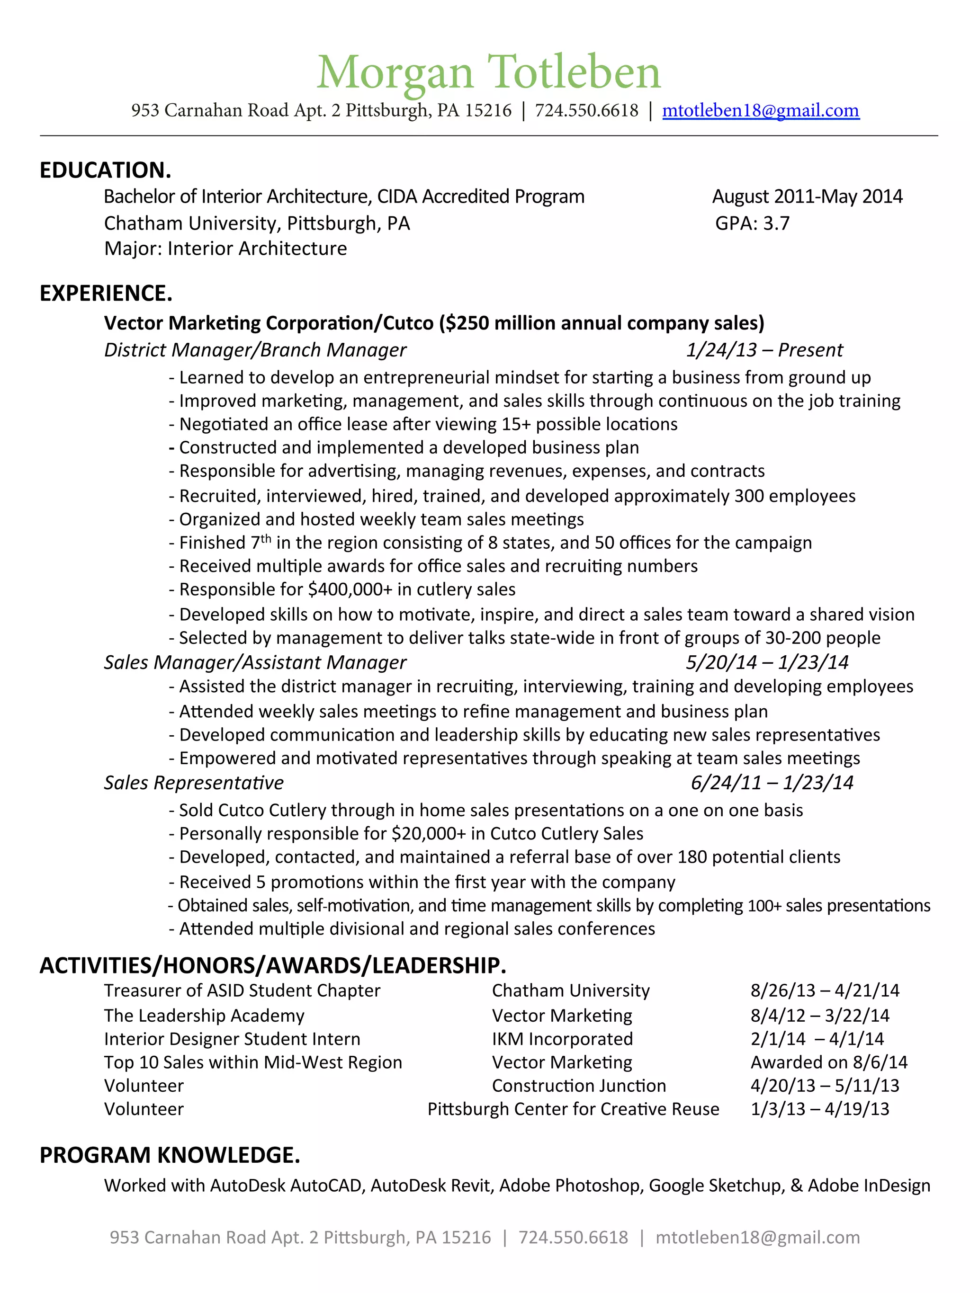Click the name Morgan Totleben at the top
tap(488, 72)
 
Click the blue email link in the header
tap(760, 110)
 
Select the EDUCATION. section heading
tap(105, 170)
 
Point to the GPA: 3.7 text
tap(752, 223)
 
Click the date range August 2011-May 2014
tap(807, 196)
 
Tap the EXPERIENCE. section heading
tap(106, 294)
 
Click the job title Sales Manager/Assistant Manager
tap(255, 662)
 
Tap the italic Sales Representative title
tap(194, 783)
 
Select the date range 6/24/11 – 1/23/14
tap(772, 783)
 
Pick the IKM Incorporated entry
tap(562, 1039)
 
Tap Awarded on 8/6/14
tap(828, 1062)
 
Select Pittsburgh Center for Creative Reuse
tap(573, 1109)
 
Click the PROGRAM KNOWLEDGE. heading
tap(170, 1155)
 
